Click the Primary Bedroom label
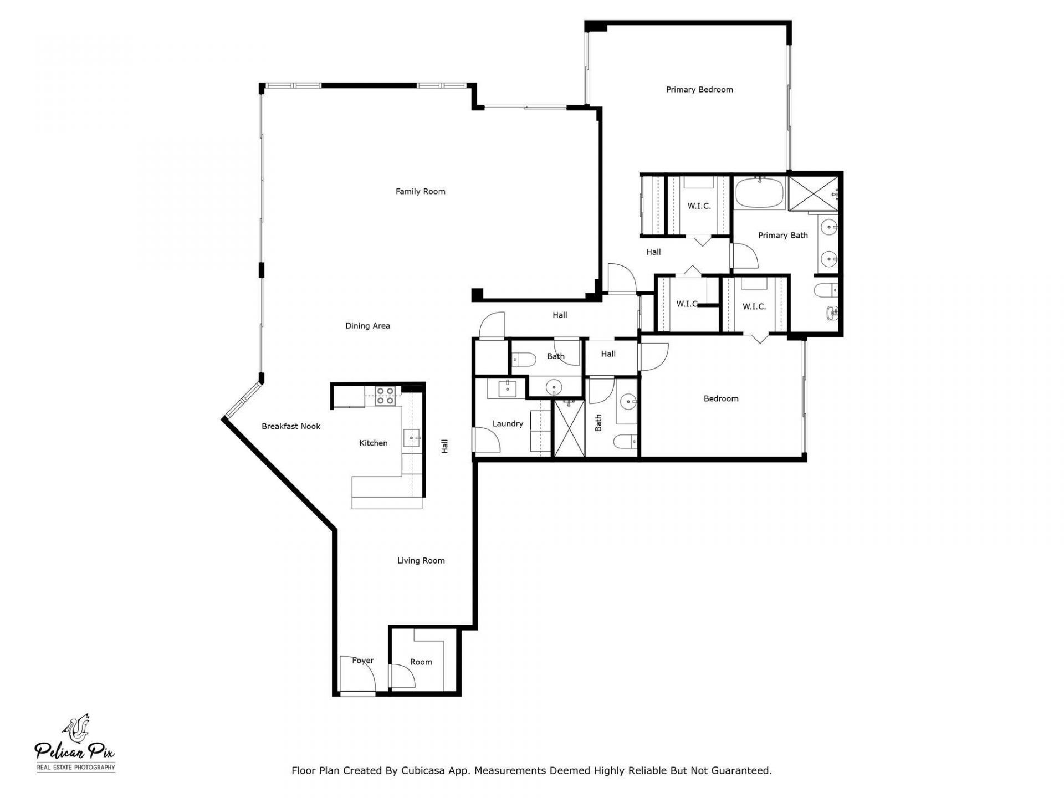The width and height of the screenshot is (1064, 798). click(x=699, y=90)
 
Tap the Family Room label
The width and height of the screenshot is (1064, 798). click(x=420, y=192)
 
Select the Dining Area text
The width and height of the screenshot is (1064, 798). click(x=367, y=326)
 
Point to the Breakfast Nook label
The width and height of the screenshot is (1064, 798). click(x=291, y=427)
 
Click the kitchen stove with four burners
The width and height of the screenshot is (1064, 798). click(x=385, y=396)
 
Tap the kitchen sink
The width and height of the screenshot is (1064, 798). click(x=412, y=438)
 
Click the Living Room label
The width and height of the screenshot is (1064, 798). click(x=421, y=561)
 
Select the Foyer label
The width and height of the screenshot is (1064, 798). click(x=363, y=661)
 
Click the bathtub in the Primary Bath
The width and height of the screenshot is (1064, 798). click(x=759, y=193)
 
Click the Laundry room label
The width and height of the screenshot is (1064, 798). click(x=508, y=424)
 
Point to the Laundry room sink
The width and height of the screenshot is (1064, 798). click(x=507, y=389)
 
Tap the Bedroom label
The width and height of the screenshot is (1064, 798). click(x=720, y=399)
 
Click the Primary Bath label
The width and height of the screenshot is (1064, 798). click(x=782, y=236)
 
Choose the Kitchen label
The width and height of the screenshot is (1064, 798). click(x=373, y=443)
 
